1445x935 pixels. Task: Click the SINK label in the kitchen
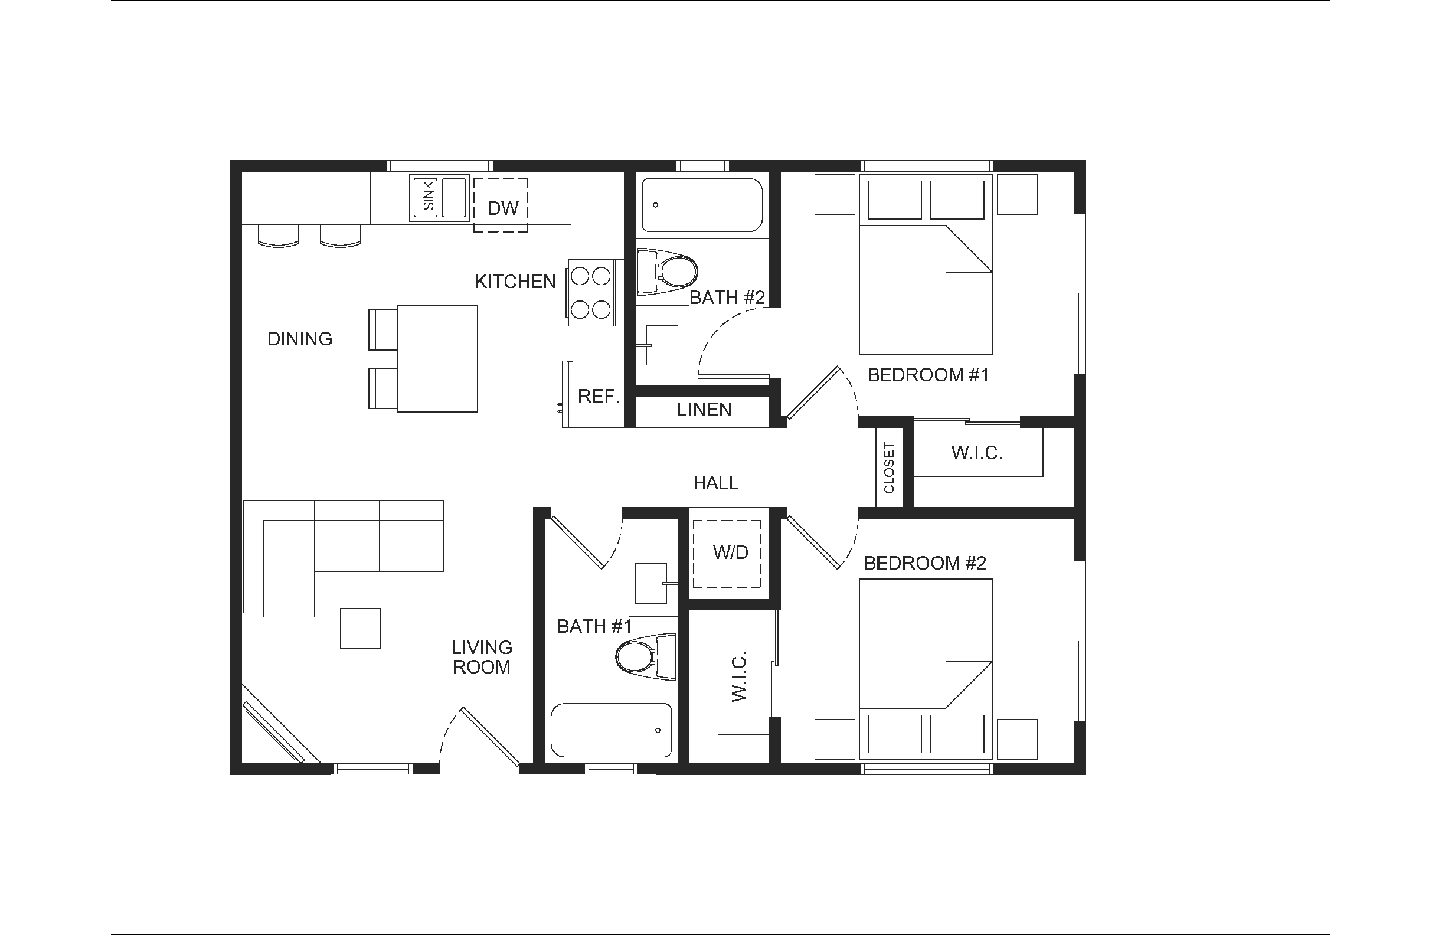[429, 195]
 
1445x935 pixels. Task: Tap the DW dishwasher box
[501, 205]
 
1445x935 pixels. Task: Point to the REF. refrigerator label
[599, 397]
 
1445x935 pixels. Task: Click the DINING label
[300, 339]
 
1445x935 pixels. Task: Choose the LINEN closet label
[704, 410]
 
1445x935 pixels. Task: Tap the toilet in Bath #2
[667, 272]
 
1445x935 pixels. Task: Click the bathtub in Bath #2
[702, 205]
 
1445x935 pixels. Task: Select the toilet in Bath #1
[646, 656]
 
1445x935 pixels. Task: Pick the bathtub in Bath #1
[611, 730]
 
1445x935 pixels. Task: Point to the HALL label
[716, 483]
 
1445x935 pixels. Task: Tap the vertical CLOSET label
[889, 468]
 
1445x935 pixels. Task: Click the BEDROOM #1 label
[929, 375]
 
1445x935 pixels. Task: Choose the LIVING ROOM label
[482, 657]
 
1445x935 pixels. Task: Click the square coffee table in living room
[360, 629]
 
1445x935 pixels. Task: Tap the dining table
[437, 359]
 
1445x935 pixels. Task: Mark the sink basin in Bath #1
[651, 583]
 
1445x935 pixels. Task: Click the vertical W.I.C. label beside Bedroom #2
[739, 678]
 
